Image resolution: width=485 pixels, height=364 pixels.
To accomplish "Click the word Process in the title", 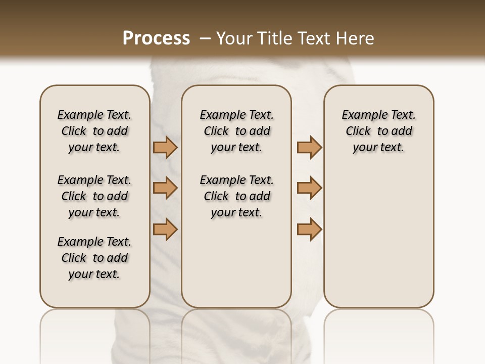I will pyautogui.click(x=156, y=38).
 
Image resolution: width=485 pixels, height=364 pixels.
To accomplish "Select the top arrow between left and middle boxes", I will pyautogui.click(x=165, y=148).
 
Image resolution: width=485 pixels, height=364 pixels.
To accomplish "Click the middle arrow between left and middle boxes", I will pyautogui.click(x=165, y=188).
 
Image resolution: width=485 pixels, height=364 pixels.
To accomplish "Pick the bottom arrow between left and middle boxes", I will pyautogui.click(x=165, y=229).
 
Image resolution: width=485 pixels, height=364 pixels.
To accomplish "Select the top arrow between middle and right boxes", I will pyautogui.click(x=309, y=148).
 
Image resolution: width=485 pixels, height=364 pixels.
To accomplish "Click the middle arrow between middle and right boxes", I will pyautogui.click(x=309, y=188).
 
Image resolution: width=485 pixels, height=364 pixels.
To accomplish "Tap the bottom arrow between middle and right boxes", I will pyautogui.click(x=309, y=229).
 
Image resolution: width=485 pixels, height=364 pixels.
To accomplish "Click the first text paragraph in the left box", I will pyautogui.click(x=94, y=131).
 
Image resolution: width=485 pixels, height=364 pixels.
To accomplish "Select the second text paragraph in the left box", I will pyautogui.click(x=94, y=196).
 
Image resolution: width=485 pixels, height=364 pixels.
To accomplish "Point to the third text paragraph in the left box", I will pyautogui.click(x=94, y=258).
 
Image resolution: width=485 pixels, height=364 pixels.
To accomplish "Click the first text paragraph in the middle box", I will pyautogui.click(x=236, y=131).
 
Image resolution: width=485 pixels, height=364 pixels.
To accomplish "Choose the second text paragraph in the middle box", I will pyautogui.click(x=236, y=196).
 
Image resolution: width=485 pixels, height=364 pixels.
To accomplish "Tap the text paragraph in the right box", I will pyautogui.click(x=378, y=131).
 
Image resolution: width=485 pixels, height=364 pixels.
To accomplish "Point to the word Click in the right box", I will pyautogui.click(x=358, y=131).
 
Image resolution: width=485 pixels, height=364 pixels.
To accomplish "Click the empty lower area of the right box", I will pyautogui.click(x=378, y=243).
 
